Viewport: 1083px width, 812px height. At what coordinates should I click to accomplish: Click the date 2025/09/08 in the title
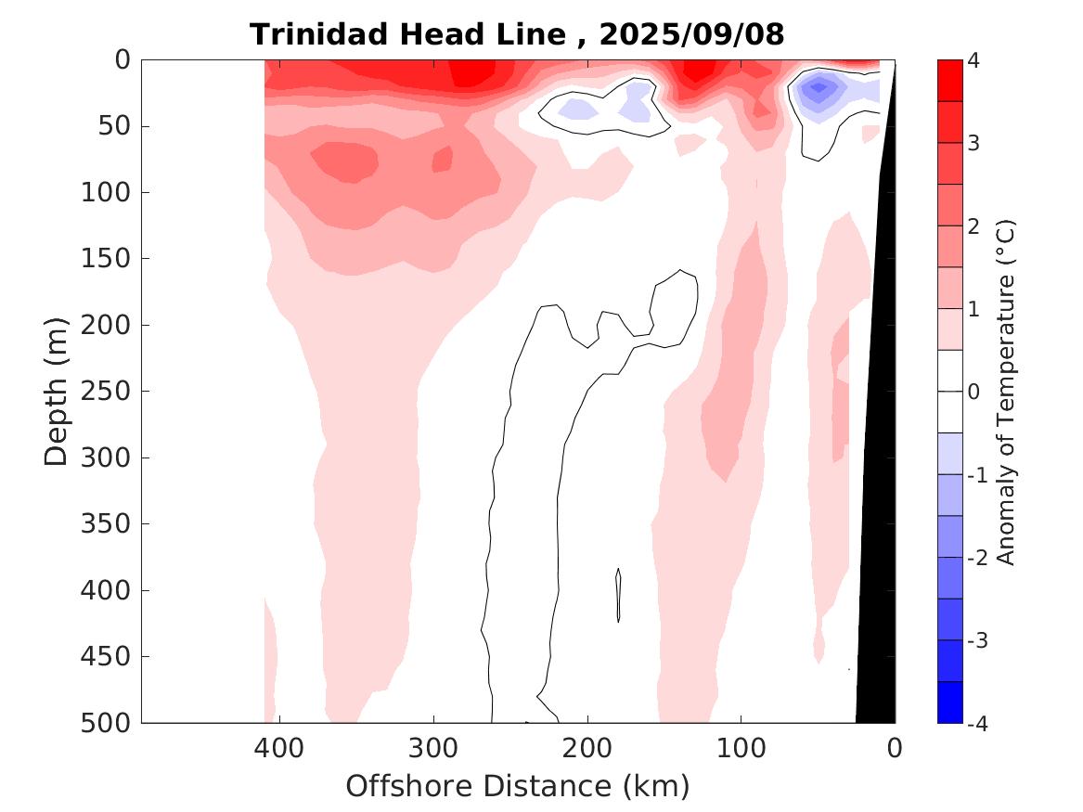tap(691, 35)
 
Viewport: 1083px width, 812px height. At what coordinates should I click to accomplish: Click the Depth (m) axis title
tap(57, 391)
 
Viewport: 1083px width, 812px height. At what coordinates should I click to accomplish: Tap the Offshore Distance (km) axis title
tap(518, 787)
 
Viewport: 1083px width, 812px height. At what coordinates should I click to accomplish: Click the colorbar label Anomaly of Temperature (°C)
tap(1006, 392)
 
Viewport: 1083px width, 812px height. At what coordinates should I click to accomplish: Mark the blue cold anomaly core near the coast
tap(818, 88)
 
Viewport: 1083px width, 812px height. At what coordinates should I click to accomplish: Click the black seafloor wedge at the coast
tap(878, 557)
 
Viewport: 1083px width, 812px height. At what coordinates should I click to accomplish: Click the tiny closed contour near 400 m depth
tap(618, 595)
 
